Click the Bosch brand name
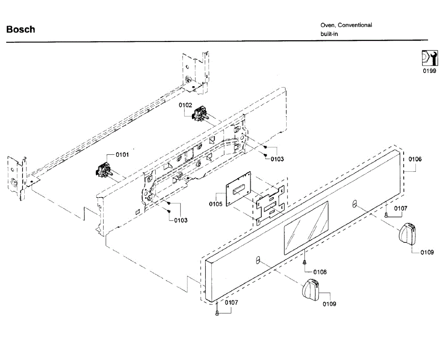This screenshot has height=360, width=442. tap(21, 29)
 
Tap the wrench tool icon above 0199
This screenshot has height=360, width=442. tap(429, 59)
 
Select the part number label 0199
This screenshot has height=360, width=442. tap(429, 71)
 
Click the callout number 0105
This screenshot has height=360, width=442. tap(215, 204)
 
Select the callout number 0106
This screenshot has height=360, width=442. tap(415, 160)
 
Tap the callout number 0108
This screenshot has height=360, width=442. tap(320, 272)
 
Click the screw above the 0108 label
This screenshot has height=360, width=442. tap(305, 262)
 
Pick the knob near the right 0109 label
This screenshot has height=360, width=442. tap(408, 233)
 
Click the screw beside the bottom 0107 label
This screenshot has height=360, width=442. tap(217, 313)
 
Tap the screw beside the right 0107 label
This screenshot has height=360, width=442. tap(386, 215)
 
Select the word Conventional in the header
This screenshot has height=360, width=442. tap(355, 25)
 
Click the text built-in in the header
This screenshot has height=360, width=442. tap(329, 34)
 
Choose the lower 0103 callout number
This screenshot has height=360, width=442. tap(180, 220)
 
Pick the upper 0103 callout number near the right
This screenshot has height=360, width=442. tap(277, 159)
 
